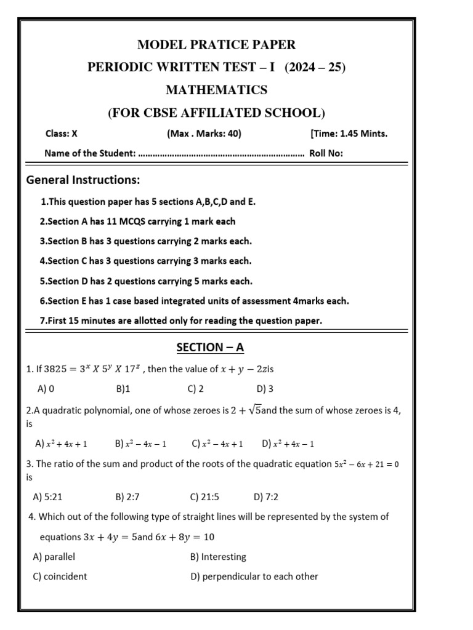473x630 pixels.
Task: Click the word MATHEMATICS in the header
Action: click(216, 90)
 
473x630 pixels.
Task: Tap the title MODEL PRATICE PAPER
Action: click(216, 44)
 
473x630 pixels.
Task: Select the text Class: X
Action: click(62, 134)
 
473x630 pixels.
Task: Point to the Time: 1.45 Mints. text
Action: click(349, 134)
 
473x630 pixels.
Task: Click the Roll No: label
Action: click(326, 154)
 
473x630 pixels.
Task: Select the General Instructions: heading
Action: click(83, 180)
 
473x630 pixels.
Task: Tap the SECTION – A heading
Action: click(210, 348)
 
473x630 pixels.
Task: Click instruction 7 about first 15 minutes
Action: click(181, 321)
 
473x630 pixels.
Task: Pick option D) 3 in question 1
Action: click(265, 389)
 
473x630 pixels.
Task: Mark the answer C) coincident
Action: click(60, 576)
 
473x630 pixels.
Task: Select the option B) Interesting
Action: click(218, 557)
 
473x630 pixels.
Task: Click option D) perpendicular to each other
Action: click(254, 576)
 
